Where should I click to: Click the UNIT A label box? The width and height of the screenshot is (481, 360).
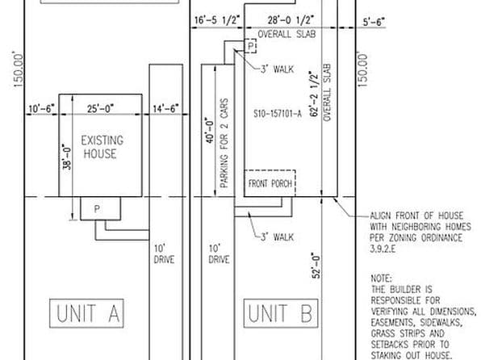pos(89,313)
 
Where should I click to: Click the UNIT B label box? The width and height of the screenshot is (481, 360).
pos(278,313)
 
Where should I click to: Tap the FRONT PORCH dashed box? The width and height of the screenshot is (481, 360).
pos(270,183)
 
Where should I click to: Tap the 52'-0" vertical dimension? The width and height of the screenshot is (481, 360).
pos(317,264)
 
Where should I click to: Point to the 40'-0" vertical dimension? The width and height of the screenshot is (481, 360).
pos(207,128)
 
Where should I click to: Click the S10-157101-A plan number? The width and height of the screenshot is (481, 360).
pos(277,114)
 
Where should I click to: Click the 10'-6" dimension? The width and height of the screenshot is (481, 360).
pos(40,108)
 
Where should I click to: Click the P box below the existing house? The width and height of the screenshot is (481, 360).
pos(97,209)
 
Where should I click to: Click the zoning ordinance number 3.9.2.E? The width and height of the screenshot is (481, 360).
pos(386,250)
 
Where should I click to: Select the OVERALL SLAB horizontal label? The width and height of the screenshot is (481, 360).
pos(286,35)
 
